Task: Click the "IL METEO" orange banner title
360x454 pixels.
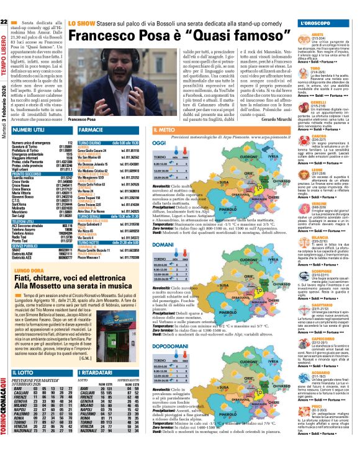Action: [166, 130]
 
